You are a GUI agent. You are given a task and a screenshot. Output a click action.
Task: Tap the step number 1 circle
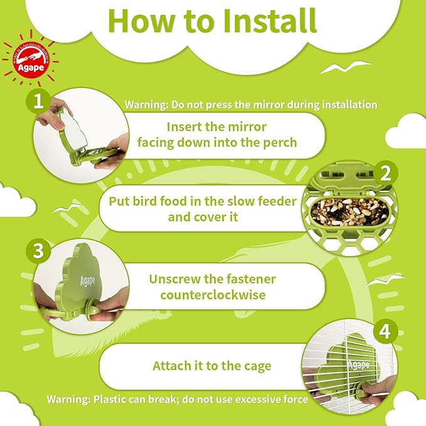click(38, 102)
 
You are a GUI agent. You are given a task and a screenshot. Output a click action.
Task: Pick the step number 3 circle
click(38, 252)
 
